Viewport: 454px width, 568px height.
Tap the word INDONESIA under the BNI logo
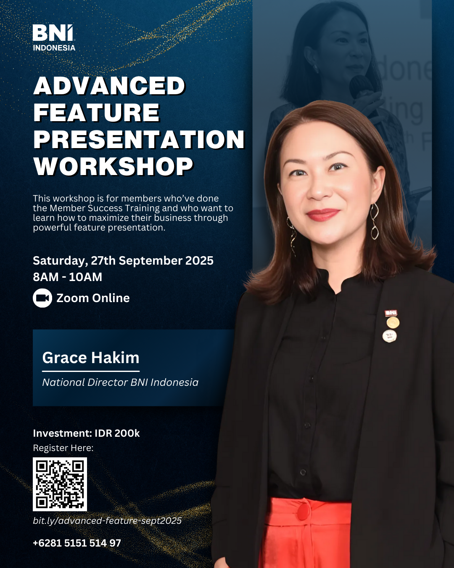pyautogui.click(x=54, y=48)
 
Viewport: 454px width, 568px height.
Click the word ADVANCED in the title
pyautogui.click(x=109, y=85)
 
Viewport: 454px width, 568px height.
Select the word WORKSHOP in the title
pyautogui.click(x=113, y=166)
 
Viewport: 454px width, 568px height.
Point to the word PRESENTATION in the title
pyautogui.click(x=139, y=139)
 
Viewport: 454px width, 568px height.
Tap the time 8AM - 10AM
pyautogui.click(x=68, y=277)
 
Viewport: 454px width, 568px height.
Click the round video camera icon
pyautogui.click(x=42, y=298)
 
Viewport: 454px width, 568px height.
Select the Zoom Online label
pyautogui.click(x=93, y=298)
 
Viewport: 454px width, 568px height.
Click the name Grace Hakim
pyautogui.click(x=91, y=358)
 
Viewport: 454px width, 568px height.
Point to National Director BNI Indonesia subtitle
pyautogui.click(x=120, y=382)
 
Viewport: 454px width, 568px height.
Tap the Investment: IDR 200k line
pyautogui.click(x=86, y=433)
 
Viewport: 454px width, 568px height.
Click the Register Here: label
pyautogui.click(x=63, y=448)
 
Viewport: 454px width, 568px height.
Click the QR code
pyautogui.click(x=60, y=484)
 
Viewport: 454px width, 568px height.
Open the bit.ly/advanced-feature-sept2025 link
pyautogui.click(x=107, y=521)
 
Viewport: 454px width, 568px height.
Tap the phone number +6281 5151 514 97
pyautogui.click(x=77, y=543)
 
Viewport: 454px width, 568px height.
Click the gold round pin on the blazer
pyautogui.click(x=393, y=323)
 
